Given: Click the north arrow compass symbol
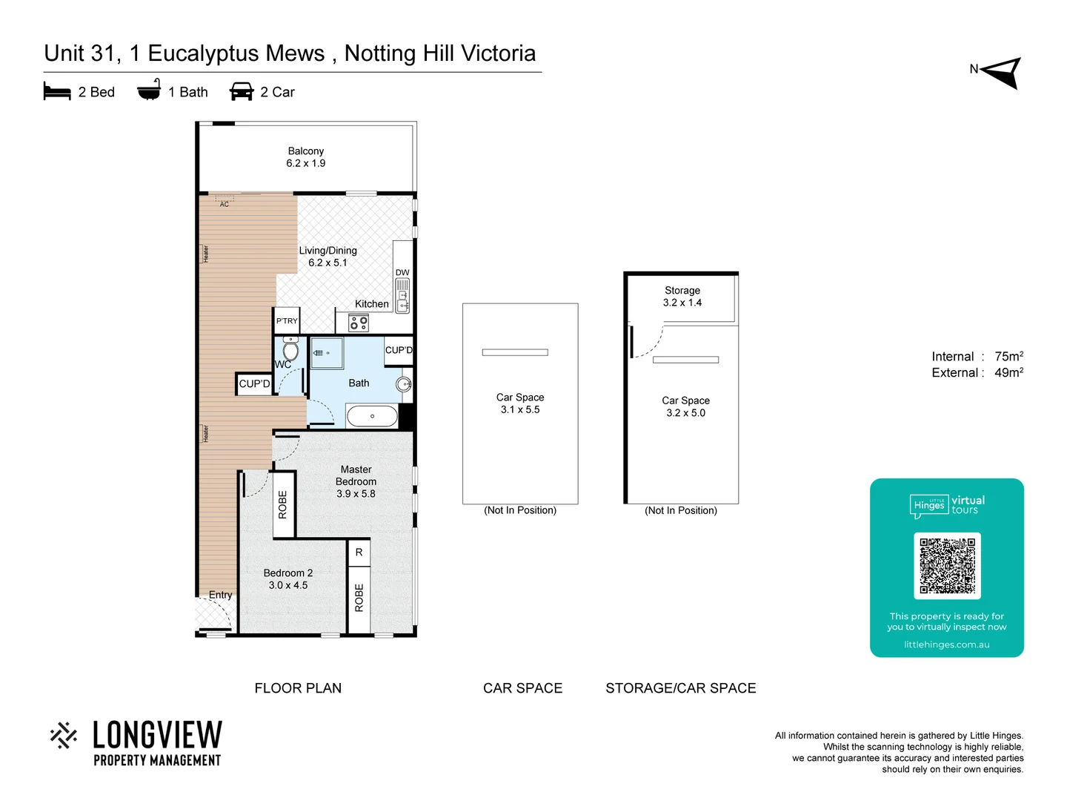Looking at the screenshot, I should click(1002, 73).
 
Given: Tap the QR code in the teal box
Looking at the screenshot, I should click(947, 565).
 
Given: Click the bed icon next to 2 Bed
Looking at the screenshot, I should click(57, 92).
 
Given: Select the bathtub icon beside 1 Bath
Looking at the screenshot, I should click(149, 90).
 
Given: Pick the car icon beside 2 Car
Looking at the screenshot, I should click(242, 92).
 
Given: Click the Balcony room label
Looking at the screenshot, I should click(305, 151).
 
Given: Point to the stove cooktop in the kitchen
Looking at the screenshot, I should click(359, 323).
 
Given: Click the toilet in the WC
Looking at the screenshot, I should click(290, 350).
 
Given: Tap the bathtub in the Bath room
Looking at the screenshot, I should click(372, 416).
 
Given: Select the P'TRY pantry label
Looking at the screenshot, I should click(287, 321).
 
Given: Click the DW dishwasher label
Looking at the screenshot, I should click(402, 273).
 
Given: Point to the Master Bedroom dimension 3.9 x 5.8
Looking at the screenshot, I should click(356, 494).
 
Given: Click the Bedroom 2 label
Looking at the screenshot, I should click(288, 573).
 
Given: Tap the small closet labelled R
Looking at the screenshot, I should click(359, 553).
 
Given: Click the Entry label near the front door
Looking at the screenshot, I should click(220, 595).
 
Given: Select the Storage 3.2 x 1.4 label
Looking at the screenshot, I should click(682, 297).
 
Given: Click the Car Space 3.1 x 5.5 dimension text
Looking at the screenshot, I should click(520, 409).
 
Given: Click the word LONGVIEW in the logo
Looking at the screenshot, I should click(157, 736).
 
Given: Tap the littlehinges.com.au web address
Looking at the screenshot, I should click(946, 645).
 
